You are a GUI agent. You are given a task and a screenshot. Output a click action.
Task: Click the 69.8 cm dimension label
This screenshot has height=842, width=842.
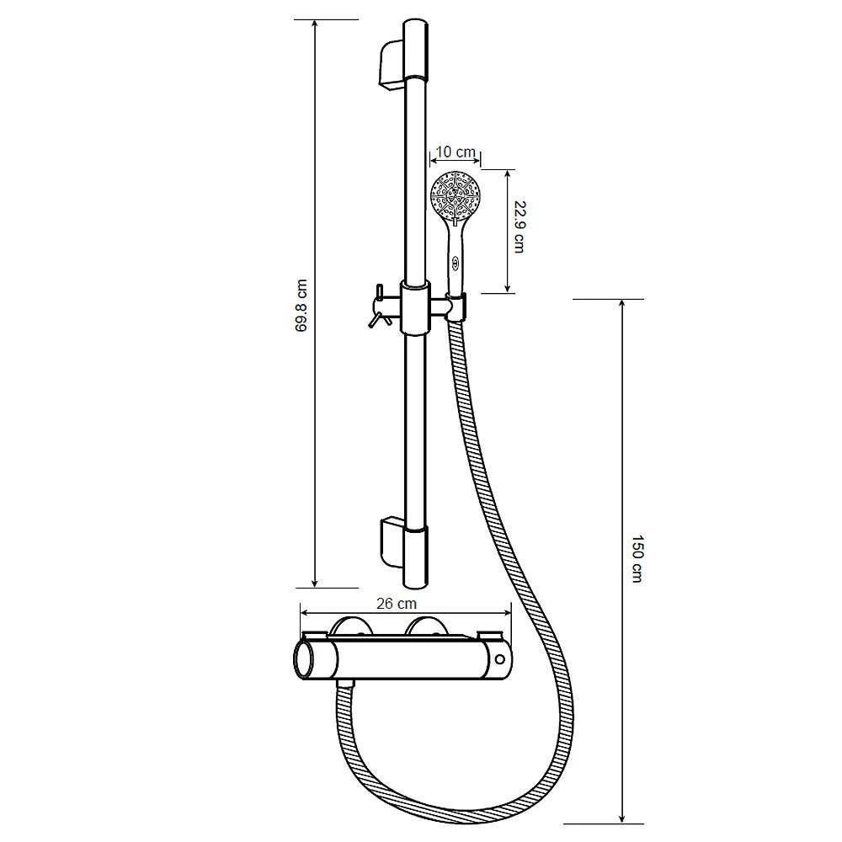302,305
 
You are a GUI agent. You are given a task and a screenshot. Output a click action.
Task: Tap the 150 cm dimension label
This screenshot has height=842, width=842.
637,558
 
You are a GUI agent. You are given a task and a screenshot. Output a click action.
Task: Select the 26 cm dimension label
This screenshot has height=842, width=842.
397,604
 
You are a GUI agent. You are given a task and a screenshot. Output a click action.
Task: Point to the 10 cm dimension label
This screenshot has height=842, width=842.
456,152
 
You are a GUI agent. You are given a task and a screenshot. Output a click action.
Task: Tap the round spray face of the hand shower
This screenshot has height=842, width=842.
456,195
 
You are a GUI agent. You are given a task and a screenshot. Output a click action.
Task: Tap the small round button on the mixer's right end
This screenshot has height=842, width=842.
501,659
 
